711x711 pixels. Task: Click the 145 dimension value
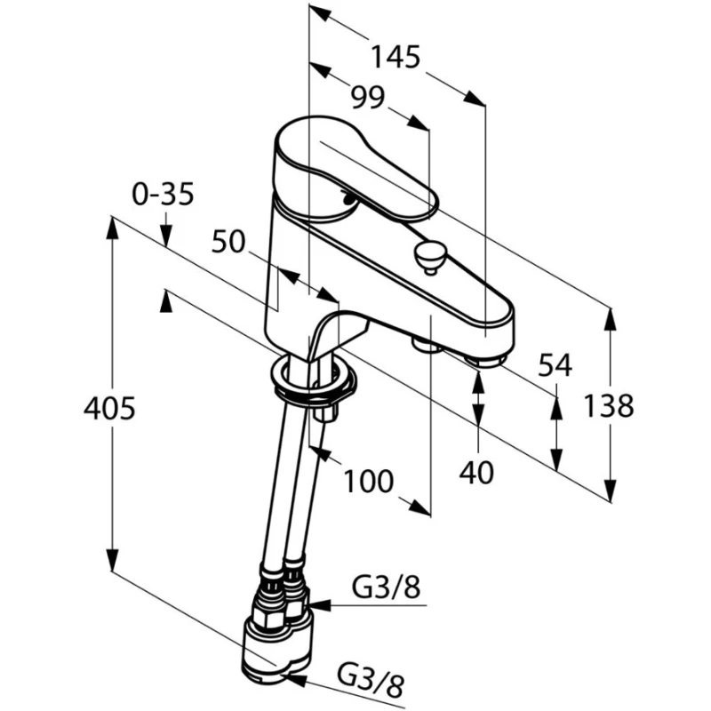pos(395,58)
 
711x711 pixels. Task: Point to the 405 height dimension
pos(108,409)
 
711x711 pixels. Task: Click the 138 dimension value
pos(609,406)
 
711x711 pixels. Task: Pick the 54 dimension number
pos(555,364)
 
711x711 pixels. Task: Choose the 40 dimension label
pos(477,473)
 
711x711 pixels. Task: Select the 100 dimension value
pos(368,482)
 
